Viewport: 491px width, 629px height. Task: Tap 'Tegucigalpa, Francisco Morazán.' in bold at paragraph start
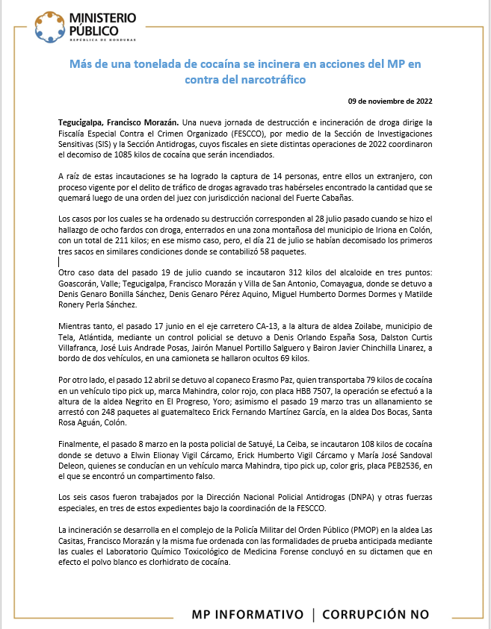tap(118, 122)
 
